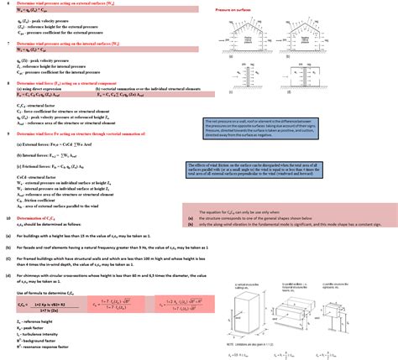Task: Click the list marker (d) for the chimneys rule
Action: (7, 274)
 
